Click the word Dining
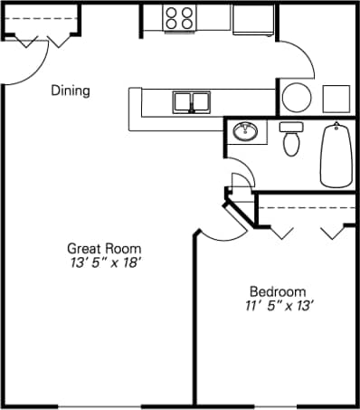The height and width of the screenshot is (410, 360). (70, 91)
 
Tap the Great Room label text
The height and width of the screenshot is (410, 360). (104, 248)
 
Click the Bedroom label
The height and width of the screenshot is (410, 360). (278, 291)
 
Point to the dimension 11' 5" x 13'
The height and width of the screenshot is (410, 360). (278, 306)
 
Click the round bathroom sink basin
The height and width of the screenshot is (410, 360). (245, 132)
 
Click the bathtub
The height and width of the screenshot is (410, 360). (336, 155)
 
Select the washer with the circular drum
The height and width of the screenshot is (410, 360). (296, 97)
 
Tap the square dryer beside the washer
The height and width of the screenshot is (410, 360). (337, 98)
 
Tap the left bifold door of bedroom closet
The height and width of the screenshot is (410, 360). (281, 232)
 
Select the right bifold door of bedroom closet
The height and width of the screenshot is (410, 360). (333, 232)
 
